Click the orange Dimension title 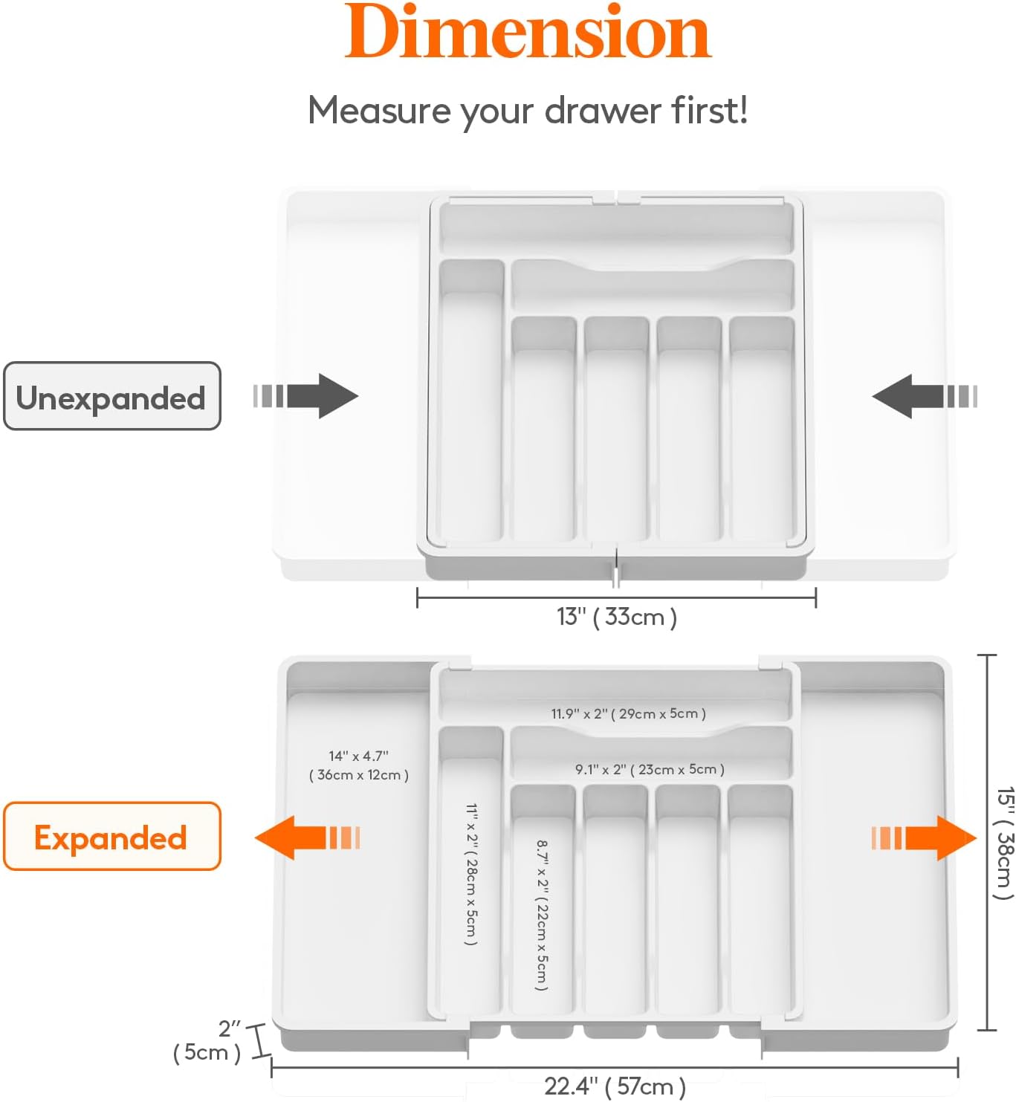point(528,33)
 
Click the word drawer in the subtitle point(603,111)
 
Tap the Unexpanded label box point(112,397)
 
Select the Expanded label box point(112,837)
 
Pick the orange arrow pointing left point(305,837)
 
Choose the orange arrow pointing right point(925,837)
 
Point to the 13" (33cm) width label point(616,617)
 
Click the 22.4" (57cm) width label point(615,1086)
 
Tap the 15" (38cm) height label point(1003,843)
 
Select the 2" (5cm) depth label point(209,1041)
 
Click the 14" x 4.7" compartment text point(358,765)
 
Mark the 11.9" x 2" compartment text point(628,713)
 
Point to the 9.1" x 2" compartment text point(649,769)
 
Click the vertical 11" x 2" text point(471,874)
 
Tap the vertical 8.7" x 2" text point(543,915)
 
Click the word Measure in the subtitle point(379,111)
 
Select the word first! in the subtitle point(709,110)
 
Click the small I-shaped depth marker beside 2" point(257,1040)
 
